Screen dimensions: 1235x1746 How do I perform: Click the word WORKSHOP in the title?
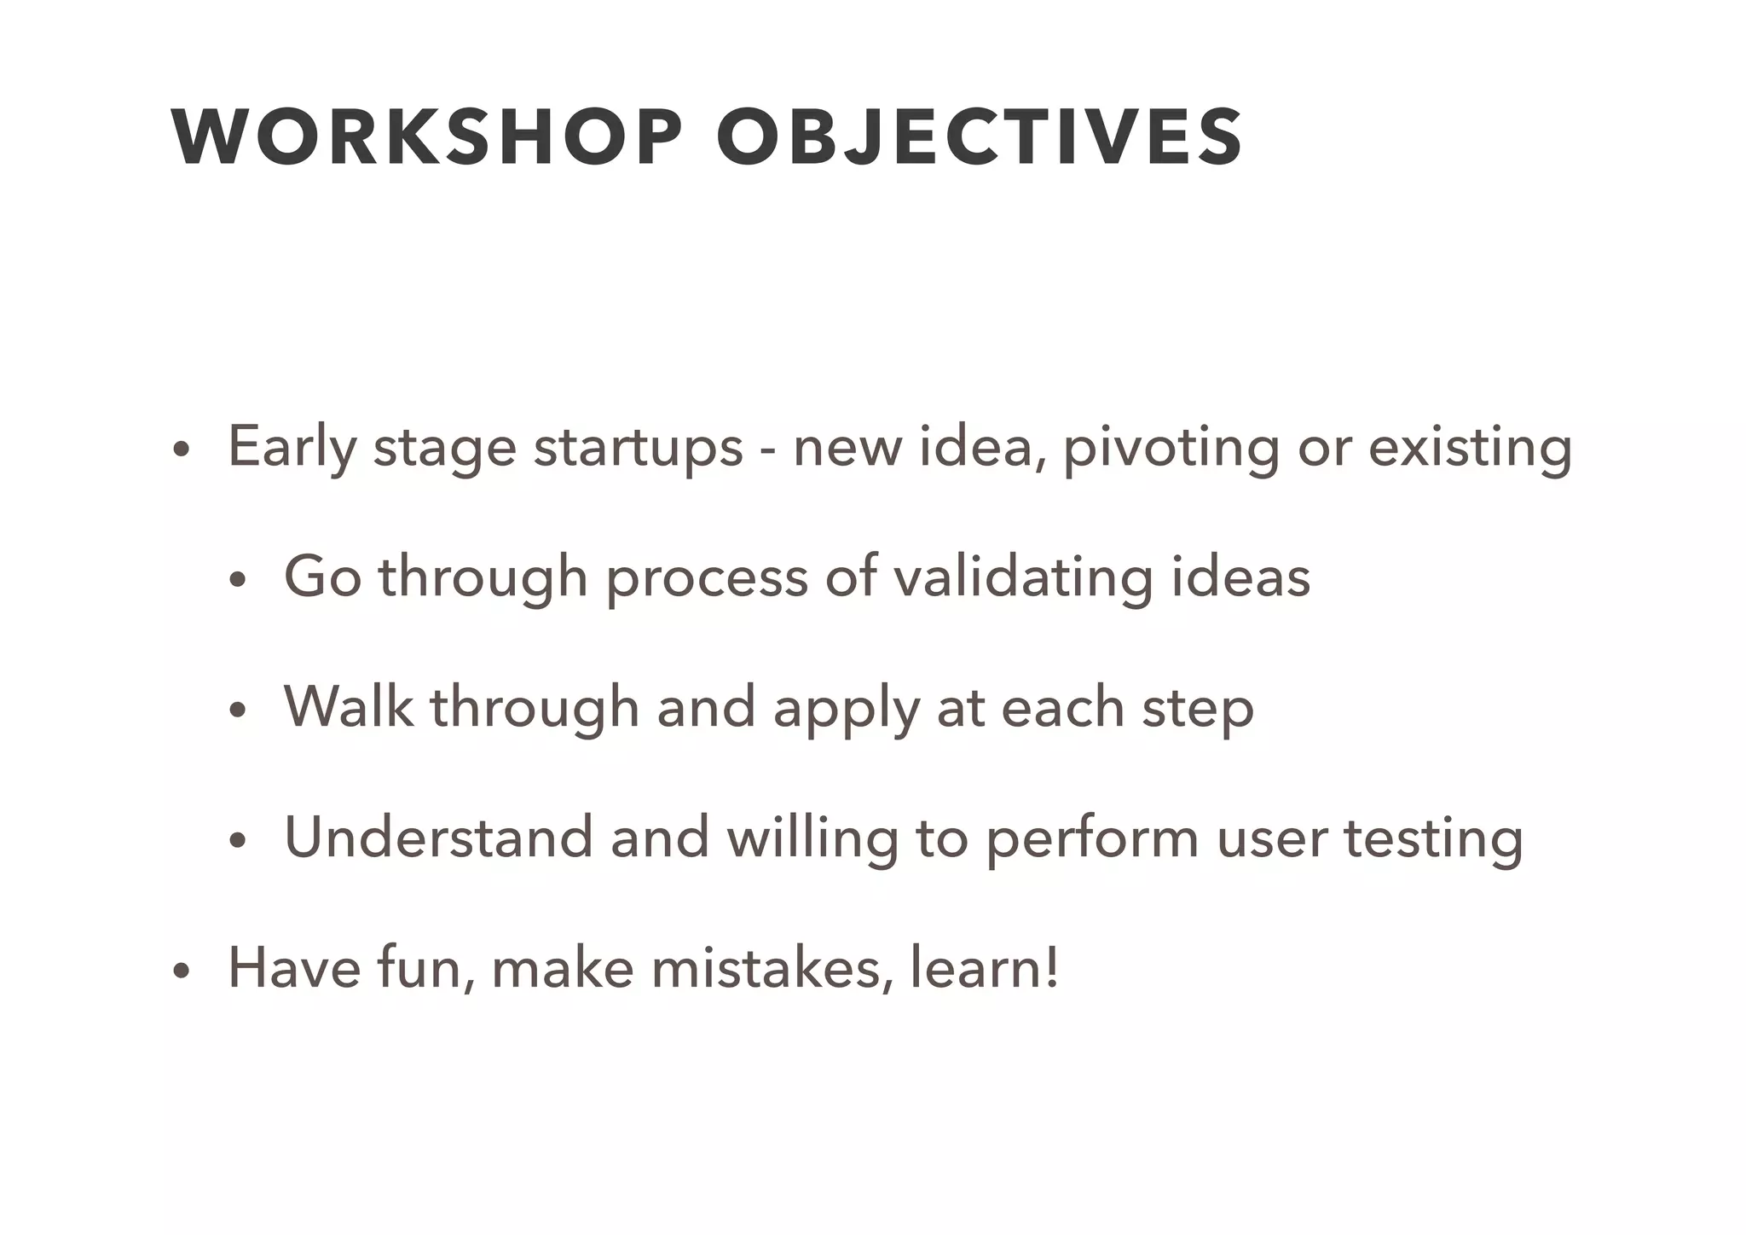point(426,137)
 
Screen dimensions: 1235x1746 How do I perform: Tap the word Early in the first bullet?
point(291,447)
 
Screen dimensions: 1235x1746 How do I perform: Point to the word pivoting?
point(1171,447)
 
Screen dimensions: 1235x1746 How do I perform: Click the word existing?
point(1470,447)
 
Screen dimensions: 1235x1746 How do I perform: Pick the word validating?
point(1023,577)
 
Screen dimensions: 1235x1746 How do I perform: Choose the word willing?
point(812,837)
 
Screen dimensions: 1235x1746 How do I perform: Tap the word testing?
point(1433,837)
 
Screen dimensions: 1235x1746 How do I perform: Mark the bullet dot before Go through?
point(236,581)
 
